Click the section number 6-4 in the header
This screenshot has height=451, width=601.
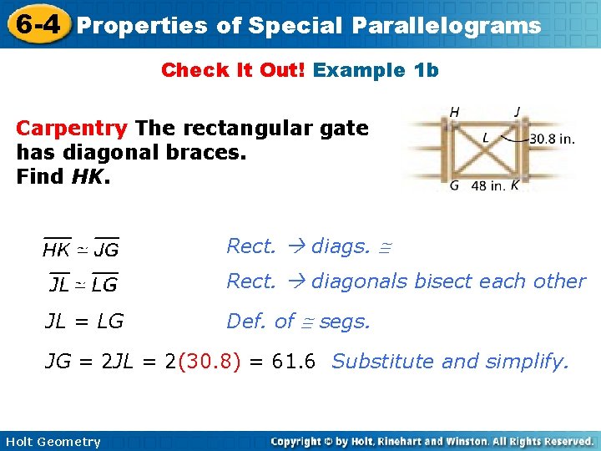[36, 24]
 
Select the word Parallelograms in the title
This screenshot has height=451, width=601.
[446, 26]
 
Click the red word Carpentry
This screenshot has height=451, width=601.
[73, 129]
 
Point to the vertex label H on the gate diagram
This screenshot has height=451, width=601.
[455, 111]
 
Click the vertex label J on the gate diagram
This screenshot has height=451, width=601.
[518, 111]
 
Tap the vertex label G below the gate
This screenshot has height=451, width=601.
[455, 185]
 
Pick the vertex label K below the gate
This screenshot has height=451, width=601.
[514, 185]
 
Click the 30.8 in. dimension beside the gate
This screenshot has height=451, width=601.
[552, 139]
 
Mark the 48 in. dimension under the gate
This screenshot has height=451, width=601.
[487, 185]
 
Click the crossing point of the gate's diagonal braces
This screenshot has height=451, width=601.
[486, 148]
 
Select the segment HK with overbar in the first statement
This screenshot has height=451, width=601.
[56, 249]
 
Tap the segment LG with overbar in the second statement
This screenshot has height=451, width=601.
[104, 285]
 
